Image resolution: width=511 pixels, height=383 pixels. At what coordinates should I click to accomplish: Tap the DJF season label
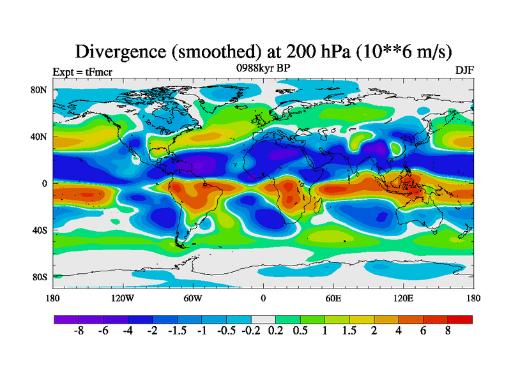[464, 70]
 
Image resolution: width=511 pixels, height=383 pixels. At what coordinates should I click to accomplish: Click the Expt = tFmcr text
[82, 71]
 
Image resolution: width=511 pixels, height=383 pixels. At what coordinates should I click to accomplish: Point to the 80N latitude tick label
[40, 90]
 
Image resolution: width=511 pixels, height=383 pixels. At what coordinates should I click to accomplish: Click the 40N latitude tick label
[40, 137]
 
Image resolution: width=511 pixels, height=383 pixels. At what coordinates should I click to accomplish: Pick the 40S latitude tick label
[40, 230]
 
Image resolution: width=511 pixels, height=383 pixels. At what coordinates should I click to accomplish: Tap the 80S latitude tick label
[40, 277]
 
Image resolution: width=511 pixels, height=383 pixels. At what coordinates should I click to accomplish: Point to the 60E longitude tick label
[333, 298]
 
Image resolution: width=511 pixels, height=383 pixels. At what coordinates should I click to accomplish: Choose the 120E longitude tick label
[402, 298]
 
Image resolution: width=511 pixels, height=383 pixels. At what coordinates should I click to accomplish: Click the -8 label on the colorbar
[79, 332]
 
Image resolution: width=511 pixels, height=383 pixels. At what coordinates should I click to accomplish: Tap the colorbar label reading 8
[448, 332]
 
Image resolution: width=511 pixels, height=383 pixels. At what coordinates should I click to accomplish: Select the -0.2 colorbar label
[251, 332]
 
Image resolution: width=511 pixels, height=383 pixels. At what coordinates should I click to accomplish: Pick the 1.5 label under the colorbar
[349, 332]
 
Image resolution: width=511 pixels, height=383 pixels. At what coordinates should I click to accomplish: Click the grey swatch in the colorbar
[263, 319]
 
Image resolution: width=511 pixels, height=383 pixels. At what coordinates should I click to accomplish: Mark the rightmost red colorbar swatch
[461, 319]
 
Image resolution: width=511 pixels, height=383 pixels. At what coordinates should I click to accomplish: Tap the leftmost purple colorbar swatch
[66, 319]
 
